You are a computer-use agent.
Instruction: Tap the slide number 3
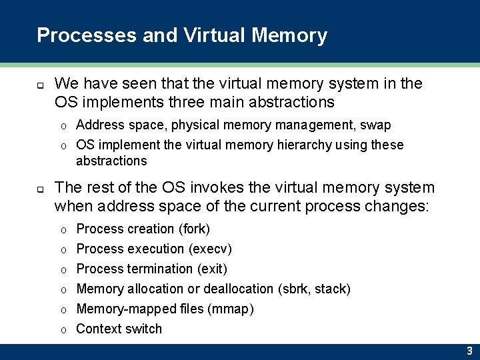(469, 351)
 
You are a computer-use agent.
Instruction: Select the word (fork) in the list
(194, 229)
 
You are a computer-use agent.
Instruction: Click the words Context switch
(119, 329)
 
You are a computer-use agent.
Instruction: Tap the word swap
(376, 125)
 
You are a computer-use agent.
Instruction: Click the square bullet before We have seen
(41, 85)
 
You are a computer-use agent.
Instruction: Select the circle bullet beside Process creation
(63, 230)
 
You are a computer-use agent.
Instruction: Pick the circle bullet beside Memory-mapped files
(63, 310)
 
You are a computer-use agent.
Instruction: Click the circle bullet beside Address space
(63, 126)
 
